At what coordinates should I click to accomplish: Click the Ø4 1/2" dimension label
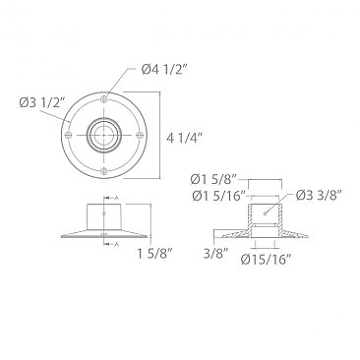[163, 68]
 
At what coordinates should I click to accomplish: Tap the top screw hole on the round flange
[103, 97]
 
